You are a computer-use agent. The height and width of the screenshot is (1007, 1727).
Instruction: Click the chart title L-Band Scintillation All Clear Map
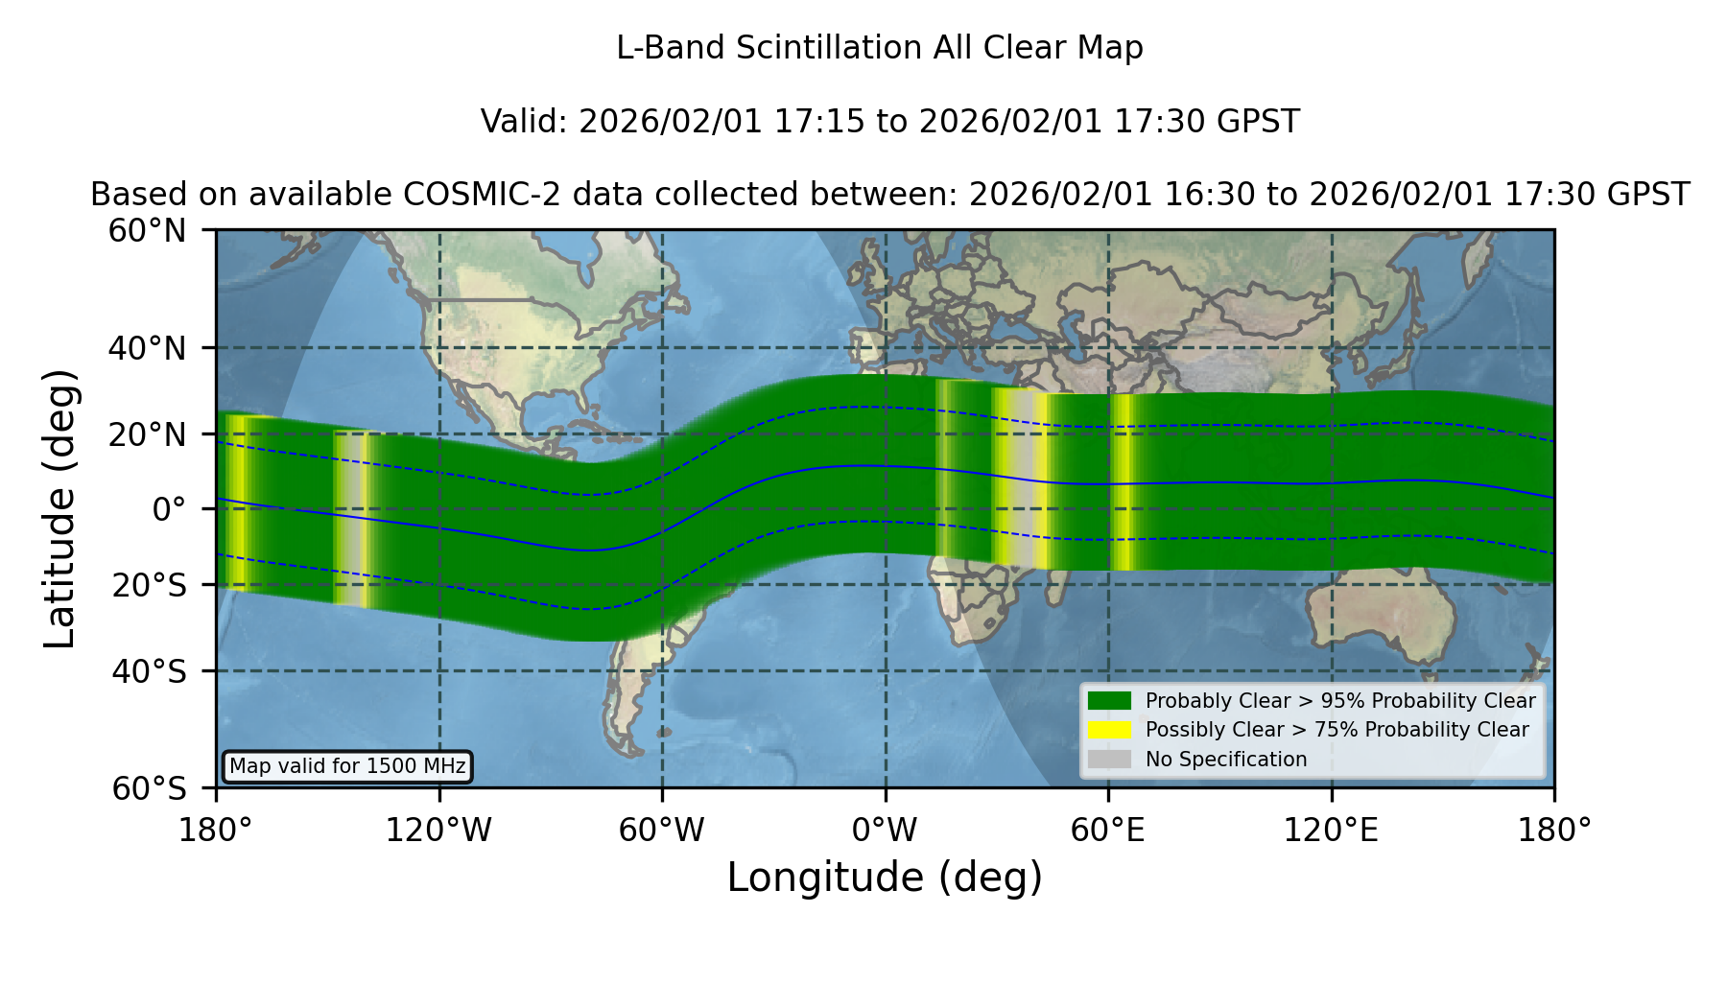[879, 48]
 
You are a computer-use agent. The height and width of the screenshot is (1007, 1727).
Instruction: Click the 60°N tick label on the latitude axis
[147, 230]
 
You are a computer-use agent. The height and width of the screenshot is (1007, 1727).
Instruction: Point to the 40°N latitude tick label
[147, 348]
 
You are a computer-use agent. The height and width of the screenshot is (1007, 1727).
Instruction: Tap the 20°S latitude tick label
[149, 585]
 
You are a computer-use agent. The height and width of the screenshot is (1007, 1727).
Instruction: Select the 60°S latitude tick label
[149, 788]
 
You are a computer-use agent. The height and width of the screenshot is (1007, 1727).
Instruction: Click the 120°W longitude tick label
[438, 831]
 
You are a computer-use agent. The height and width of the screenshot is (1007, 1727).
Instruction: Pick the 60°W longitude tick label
[662, 831]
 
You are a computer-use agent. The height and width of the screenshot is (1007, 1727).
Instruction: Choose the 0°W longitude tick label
[885, 831]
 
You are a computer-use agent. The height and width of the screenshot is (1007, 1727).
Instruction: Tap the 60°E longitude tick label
[1108, 831]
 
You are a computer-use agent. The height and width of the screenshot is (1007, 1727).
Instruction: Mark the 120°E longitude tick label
[1331, 831]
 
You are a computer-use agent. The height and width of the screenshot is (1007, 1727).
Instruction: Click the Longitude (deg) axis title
[885, 878]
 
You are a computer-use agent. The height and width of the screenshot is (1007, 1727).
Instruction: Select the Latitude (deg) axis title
[60, 508]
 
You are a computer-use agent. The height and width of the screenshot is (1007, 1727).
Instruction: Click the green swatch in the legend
[1109, 700]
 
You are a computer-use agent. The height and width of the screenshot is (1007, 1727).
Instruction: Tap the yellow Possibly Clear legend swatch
[1109, 730]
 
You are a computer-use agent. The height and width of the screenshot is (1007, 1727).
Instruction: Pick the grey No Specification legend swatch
[1109, 759]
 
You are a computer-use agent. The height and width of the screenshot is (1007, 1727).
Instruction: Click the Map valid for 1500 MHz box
[347, 766]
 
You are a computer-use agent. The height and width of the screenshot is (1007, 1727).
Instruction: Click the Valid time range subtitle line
[889, 122]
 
